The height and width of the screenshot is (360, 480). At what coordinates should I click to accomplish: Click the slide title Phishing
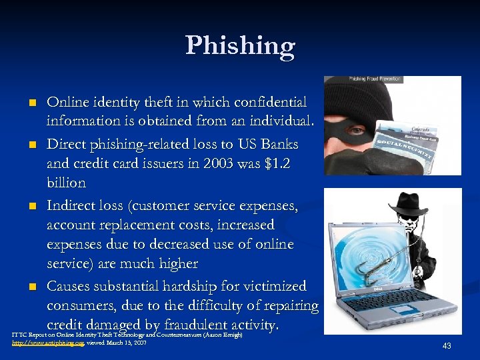(240, 46)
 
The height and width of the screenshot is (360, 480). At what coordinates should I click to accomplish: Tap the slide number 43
(447, 345)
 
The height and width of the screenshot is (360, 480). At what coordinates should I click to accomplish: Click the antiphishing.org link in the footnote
(48, 342)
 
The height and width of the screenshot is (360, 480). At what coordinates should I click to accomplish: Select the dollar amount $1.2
(279, 163)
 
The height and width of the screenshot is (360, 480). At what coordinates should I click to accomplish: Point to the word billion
(66, 183)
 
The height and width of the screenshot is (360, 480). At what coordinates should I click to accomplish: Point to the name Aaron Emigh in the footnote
(224, 334)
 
